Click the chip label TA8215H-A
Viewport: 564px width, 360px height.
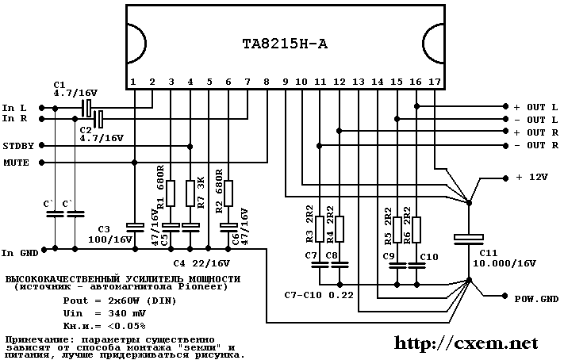tap(285, 44)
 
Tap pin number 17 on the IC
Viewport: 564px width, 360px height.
tap(434, 82)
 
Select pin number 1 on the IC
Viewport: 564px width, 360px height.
tap(134, 82)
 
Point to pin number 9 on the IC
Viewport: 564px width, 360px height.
tap(285, 82)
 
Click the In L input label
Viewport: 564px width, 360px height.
tap(14, 107)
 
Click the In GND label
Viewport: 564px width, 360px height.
tap(19, 252)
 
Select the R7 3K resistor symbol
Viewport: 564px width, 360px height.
tap(190, 192)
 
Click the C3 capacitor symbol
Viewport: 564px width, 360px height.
tap(133, 227)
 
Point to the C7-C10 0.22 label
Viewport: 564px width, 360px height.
tap(317, 295)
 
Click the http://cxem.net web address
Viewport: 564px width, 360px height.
tap(466, 343)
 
